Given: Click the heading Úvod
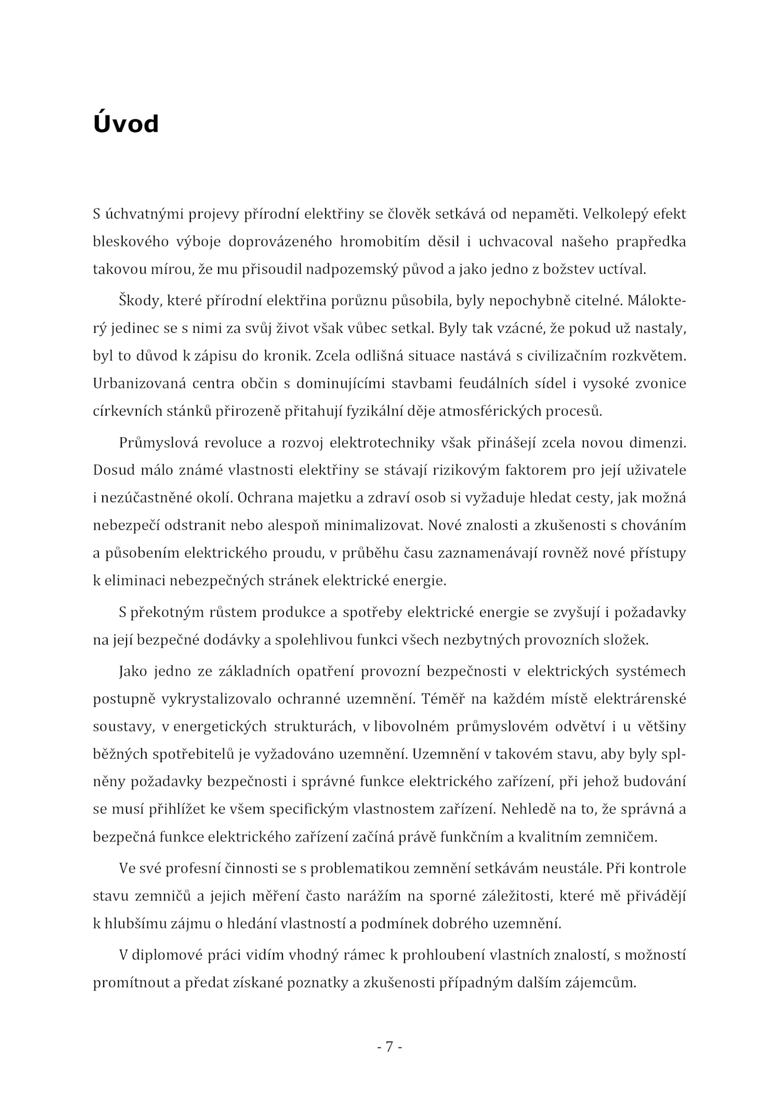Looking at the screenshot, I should click(126, 125).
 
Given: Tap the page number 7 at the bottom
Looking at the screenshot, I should click(389, 1046).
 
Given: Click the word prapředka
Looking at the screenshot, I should click(651, 242).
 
